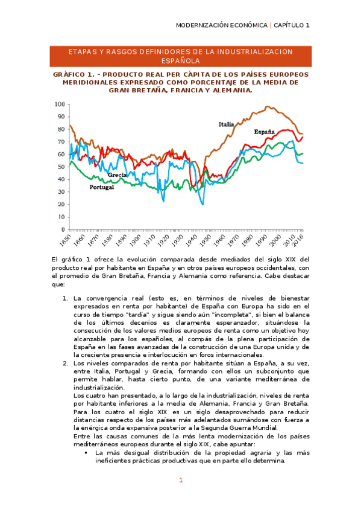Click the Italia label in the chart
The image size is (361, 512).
pos(226,124)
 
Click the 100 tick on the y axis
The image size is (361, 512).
pos(60,104)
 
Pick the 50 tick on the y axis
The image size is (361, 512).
pos(62,167)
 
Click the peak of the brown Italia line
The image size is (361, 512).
pos(267,107)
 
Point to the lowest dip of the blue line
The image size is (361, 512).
pos(202,204)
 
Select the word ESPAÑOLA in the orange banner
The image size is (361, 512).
pos(180,61)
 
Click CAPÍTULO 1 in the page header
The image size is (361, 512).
pos(292,25)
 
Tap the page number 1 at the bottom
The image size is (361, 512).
pos(180,481)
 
